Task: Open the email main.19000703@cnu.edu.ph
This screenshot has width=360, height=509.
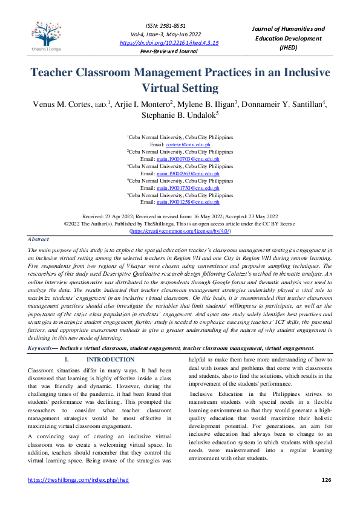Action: point(188,159)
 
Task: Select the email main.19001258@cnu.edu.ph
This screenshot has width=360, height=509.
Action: point(188,203)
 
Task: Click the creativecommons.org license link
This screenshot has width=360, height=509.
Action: point(180,232)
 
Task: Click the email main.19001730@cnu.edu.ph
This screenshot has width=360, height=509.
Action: point(188,188)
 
